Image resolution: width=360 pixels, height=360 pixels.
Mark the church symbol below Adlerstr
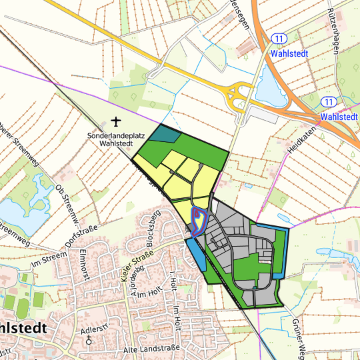[90, 340]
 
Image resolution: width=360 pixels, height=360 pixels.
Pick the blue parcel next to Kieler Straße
[195, 253]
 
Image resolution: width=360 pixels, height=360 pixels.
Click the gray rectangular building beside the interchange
[261, 117]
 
